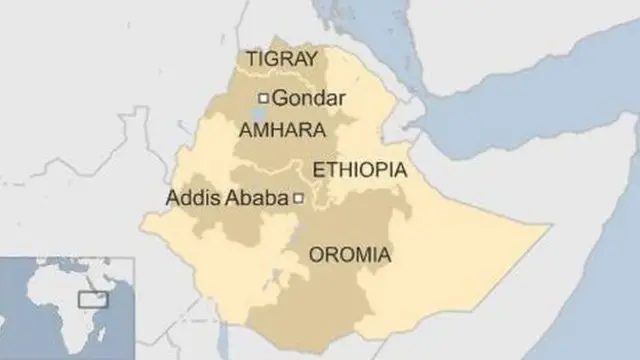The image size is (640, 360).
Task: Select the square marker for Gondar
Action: click(264, 98)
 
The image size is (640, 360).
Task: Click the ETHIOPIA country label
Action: click(360, 170)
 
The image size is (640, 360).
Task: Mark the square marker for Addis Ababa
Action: click(297, 200)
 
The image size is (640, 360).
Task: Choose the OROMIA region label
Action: click(350, 255)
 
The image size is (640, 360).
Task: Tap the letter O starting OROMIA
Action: click(317, 255)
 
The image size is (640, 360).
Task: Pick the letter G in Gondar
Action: click(281, 98)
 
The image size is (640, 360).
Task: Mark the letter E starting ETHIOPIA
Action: click(319, 170)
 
